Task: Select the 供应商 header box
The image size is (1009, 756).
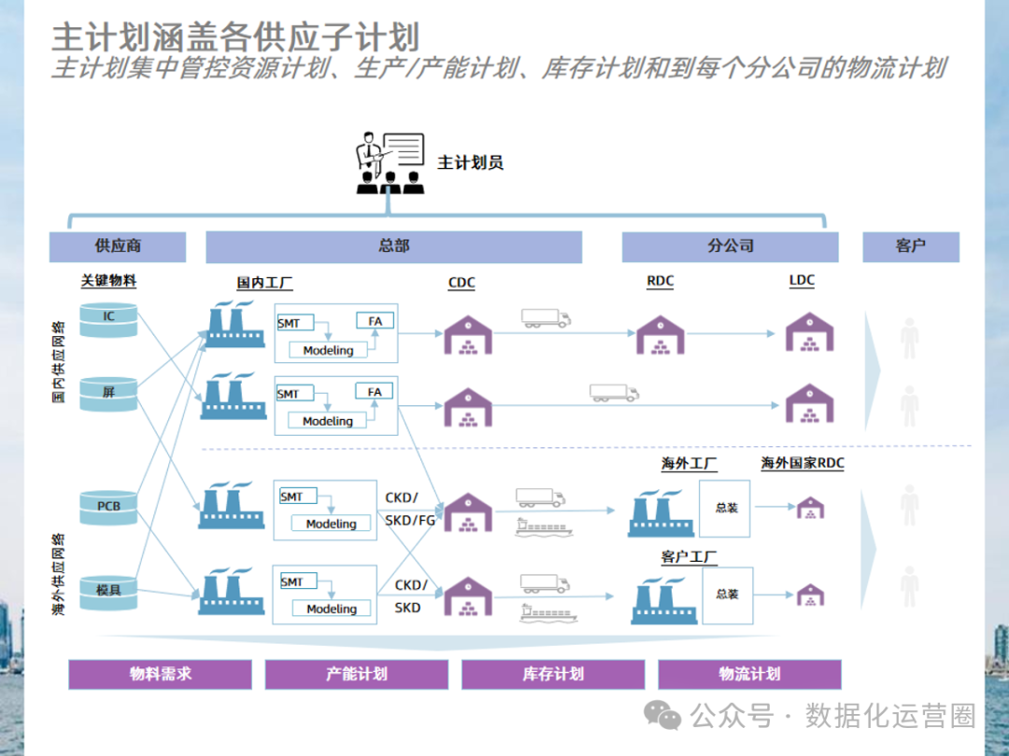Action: coord(118,246)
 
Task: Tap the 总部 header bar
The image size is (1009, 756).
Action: coord(393,246)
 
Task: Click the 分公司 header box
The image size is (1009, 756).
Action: coord(731,246)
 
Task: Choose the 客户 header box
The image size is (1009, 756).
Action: coord(910,246)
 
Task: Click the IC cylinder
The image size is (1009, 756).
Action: coord(109,317)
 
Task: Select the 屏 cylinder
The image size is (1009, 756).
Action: coord(109,394)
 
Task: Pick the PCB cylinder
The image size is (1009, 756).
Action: coord(109,507)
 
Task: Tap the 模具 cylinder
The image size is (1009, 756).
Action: coord(109,589)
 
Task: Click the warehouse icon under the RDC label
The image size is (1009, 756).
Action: coord(661,333)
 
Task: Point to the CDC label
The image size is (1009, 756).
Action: coord(462,283)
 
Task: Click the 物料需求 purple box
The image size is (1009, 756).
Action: coord(161,674)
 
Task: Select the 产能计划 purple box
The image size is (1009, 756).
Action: coord(357,674)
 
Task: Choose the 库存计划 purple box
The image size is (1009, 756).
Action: coord(553,674)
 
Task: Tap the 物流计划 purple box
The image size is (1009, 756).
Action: coord(749,674)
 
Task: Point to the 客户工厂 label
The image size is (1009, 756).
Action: coord(689,557)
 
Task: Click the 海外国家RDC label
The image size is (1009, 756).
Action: coord(803,463)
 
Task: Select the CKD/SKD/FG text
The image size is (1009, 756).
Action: coord(410,509)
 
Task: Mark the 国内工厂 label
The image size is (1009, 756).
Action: coord(264,283)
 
